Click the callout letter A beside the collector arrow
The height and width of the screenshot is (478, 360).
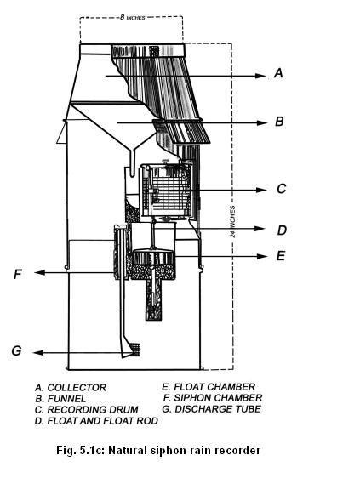click(278, 73)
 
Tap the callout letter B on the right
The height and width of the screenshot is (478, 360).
click(279, 122)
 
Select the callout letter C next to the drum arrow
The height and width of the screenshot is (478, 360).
click(282, 189)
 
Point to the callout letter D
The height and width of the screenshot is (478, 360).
click(282, 230)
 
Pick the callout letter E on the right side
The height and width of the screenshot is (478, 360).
click(280, 255)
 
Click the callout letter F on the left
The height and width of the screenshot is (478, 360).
click(18, 274)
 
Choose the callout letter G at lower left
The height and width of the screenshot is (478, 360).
click(16, 350)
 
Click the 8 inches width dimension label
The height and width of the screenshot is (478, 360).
click(133, 17)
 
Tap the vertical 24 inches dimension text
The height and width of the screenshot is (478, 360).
click(233, 222)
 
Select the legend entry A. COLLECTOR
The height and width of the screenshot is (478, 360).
click(71, 388)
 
